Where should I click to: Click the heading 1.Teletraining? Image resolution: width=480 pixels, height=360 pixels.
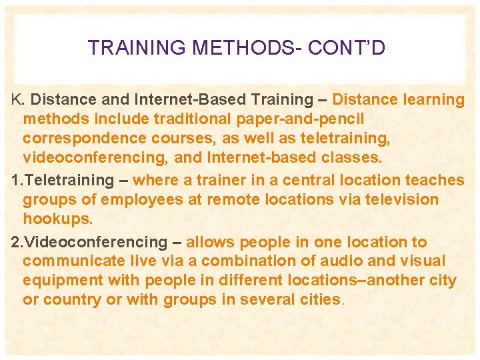63,180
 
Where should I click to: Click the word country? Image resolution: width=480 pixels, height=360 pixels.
72,300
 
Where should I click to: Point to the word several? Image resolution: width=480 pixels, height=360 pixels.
267,300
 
